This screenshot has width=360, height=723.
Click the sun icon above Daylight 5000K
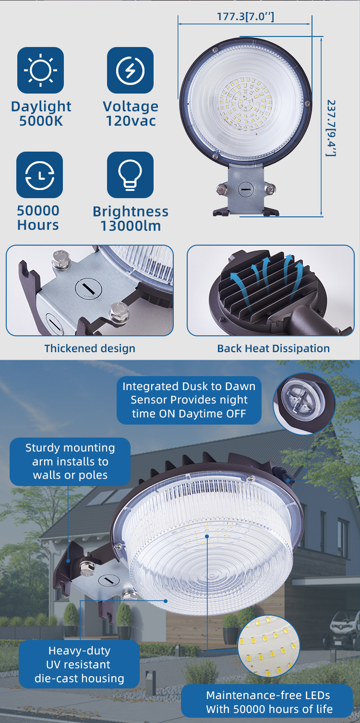pos(40,70)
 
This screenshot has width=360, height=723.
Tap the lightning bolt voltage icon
pos(130,70)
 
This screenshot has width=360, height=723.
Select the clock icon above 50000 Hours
pos(40,175)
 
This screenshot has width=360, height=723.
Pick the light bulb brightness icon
pos(130,175)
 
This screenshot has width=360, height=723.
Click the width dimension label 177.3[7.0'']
pos(245,16)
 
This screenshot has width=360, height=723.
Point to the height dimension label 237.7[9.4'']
pos(331,128)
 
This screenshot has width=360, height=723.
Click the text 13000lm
pos(131,226)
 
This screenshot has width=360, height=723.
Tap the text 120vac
pos(131,121)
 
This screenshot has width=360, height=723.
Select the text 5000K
pos(41,121)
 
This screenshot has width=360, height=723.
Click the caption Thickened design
pos(90,348)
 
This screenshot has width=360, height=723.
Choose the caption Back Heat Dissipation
pos(273,348)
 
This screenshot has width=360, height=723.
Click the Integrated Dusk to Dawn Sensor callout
pos(189,400)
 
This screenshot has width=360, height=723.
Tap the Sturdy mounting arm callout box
pos(70,462)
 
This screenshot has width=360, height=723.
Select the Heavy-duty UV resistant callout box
pos(79,664)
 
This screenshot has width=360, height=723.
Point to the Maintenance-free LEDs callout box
pos(267,702)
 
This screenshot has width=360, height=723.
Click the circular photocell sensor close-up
pos(304,404)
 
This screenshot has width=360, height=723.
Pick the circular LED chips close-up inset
pos(269,646)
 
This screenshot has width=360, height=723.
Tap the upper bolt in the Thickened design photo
pos(61,259)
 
